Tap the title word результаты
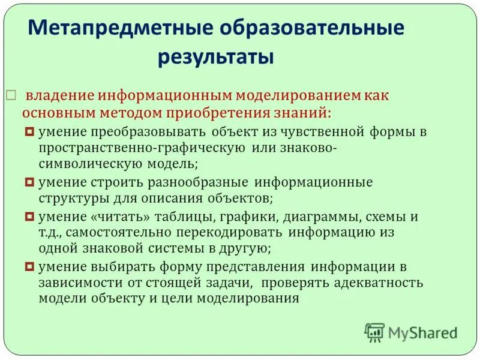click(216, 58)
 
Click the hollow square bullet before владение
click(10, 95)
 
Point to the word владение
click(60, 95)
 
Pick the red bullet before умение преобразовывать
click(30, 131)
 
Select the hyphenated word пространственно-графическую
click(141, 148)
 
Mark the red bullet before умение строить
click(30, 181)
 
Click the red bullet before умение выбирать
click(30, 266)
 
